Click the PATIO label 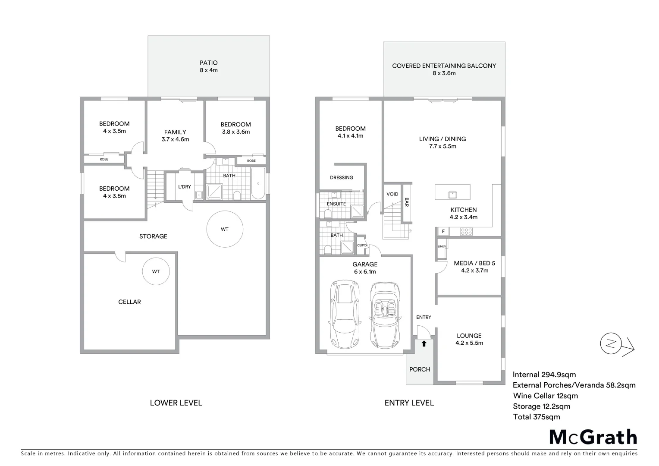tap(209, 63)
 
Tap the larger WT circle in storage tap(225, 229)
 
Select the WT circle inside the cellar tap(156, 271)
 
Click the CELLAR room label tap(129, 302)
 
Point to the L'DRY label tap(185, 187)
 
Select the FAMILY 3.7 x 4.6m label tap(175, 135)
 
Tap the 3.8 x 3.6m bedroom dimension tap(235, 132)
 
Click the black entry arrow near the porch tap(424, 344)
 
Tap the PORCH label tap(420, 369)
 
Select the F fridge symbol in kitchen tap(443, 231)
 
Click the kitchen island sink tap(452, 194)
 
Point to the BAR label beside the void tap(407, 202)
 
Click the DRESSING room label tap(342, 177)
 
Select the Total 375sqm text tap(537, 417)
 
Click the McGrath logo tap(593, 437)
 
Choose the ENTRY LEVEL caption tap(409, 403)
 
